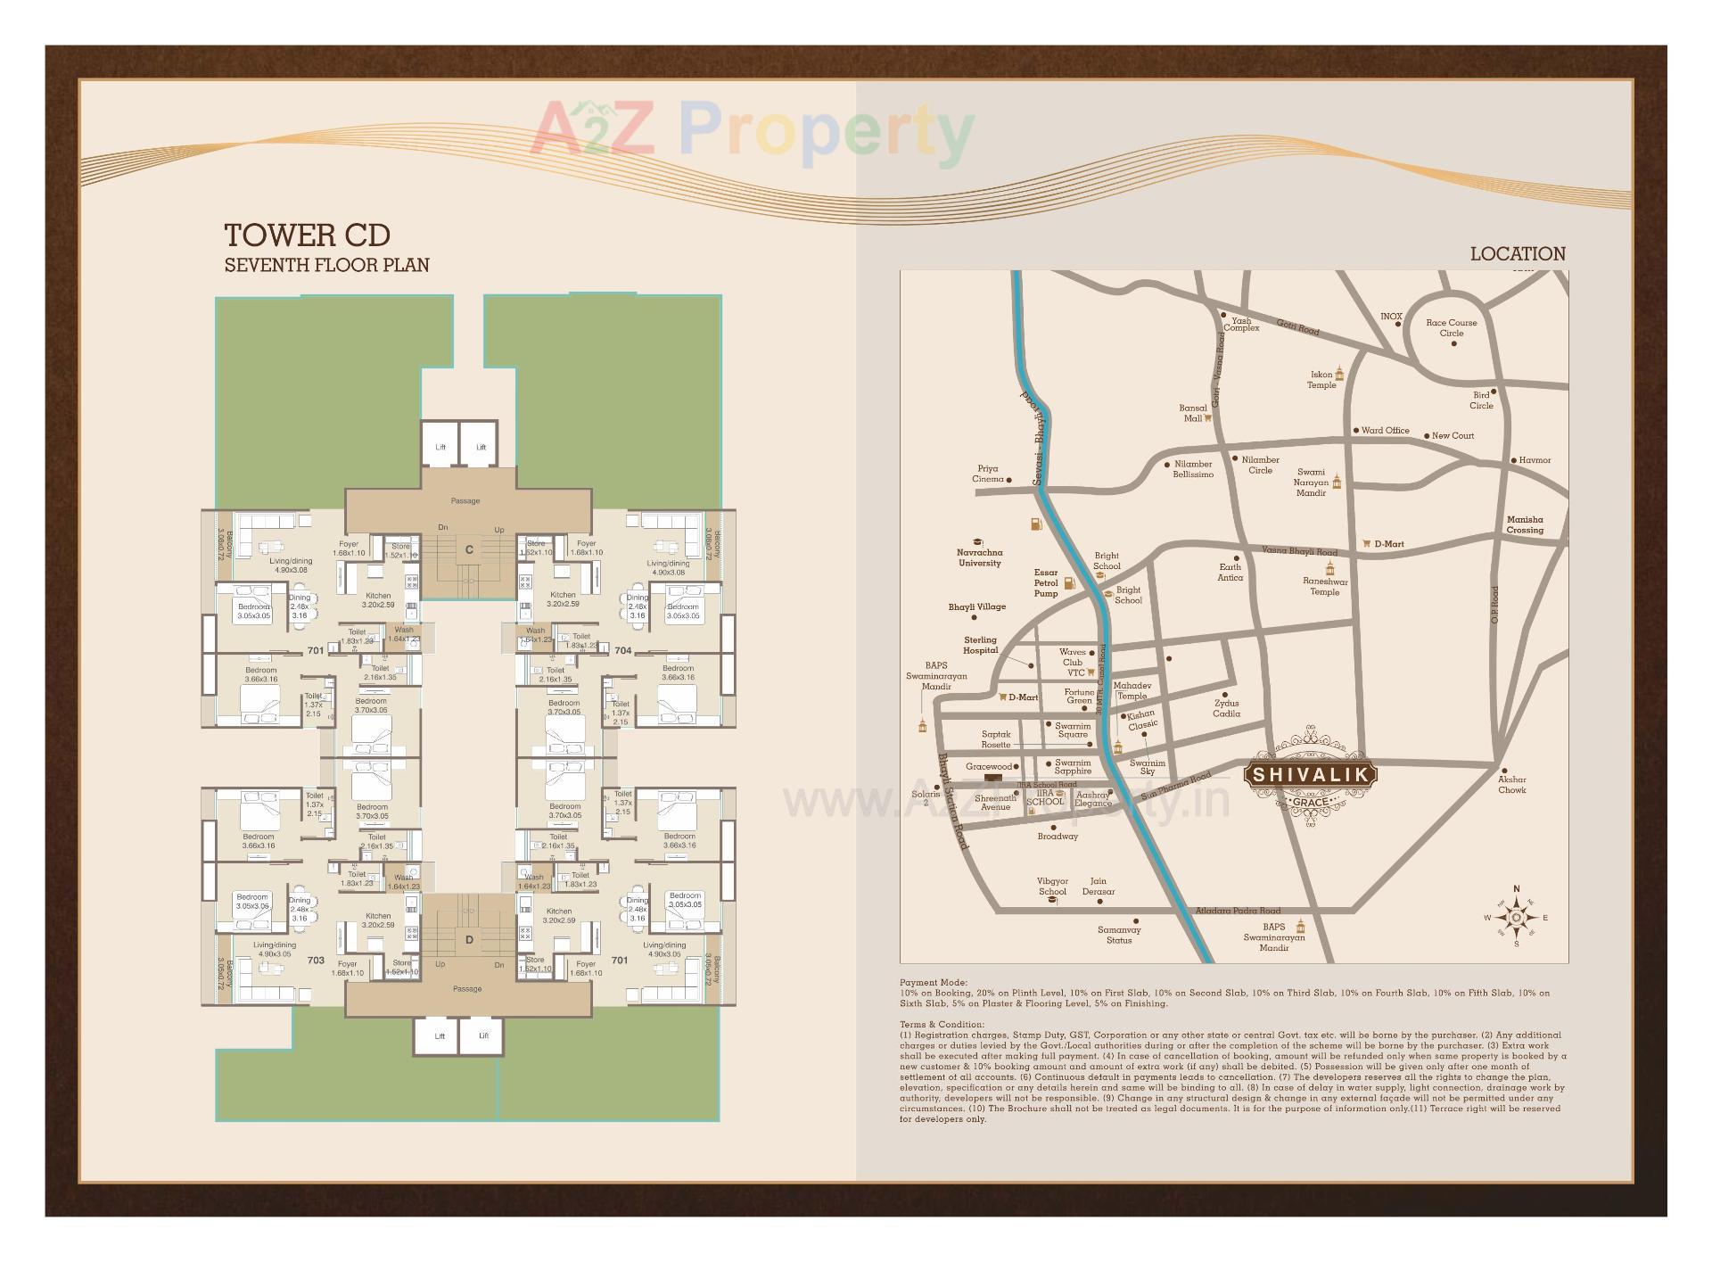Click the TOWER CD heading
(307, 235)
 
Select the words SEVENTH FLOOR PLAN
(326, 265)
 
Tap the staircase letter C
(469, 550)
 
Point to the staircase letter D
(469, 939)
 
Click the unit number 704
(622, 650)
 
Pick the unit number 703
(316, 961)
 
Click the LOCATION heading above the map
(1518, 254)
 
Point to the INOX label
(1391, 317)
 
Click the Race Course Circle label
(1451, 328)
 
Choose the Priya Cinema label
(987, 474)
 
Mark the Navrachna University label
(979, 557)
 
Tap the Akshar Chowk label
(1512, 785)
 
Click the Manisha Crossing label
(1525, 524)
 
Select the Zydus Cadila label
(1226, 708)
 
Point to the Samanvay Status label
(1119, 935)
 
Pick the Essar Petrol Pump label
(1046, 583)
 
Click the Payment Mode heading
(933, 982)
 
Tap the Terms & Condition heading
(942, 1025)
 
